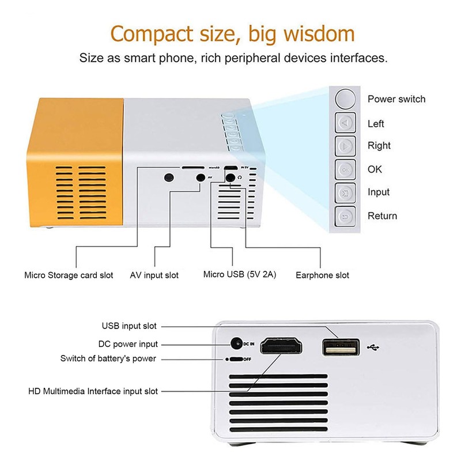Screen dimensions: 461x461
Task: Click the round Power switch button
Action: coord(346,99)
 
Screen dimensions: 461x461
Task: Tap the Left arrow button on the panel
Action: coord(346,123)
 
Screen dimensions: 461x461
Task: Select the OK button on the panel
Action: coord(346,169)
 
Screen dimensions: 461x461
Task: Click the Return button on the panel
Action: coord(346,216)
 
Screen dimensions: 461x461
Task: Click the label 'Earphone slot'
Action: coord(322,275)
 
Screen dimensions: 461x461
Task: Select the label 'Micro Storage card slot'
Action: coord(69,275)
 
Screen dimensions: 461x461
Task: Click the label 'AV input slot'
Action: coord(154,275)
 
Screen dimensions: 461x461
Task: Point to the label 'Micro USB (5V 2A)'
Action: coord(240,274)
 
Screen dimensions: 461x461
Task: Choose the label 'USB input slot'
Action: coord(129,326)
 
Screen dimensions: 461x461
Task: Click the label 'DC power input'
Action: coord(128,345)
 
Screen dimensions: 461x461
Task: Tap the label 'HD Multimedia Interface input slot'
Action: coord(93,391)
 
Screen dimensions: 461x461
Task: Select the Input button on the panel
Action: coord(346,192)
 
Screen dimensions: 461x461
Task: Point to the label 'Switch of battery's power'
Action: coord(108,358)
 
